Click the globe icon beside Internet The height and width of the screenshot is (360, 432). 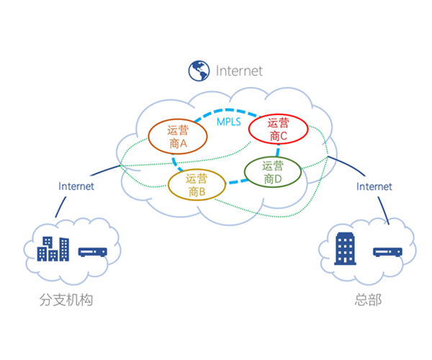[199, 71]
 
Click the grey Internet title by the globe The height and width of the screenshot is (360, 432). [239, 71]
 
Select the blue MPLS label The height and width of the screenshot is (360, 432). [229, 122]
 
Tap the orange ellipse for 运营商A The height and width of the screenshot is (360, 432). [149, 137]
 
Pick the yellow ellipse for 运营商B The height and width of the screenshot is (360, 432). [168, 185]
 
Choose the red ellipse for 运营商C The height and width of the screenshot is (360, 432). [249, 129]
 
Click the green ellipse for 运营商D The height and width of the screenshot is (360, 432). [245, 172]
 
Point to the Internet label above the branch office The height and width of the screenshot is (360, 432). [76, 186]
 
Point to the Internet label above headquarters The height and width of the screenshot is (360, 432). [374, 186]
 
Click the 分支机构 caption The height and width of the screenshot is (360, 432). [66, 300]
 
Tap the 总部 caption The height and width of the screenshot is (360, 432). [368, 300]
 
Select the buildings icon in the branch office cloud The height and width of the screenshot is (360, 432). [53, 249]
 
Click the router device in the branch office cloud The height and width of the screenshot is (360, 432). [93, 252]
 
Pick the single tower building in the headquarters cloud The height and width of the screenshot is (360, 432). [345, 248]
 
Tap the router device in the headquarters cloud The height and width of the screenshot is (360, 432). [387, 252]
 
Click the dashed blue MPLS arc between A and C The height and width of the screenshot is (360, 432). [228, 110]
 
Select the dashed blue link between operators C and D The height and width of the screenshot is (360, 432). [278, 150]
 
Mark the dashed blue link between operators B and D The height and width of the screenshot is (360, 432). [237, 181]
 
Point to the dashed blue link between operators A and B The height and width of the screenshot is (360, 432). [176, 163]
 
